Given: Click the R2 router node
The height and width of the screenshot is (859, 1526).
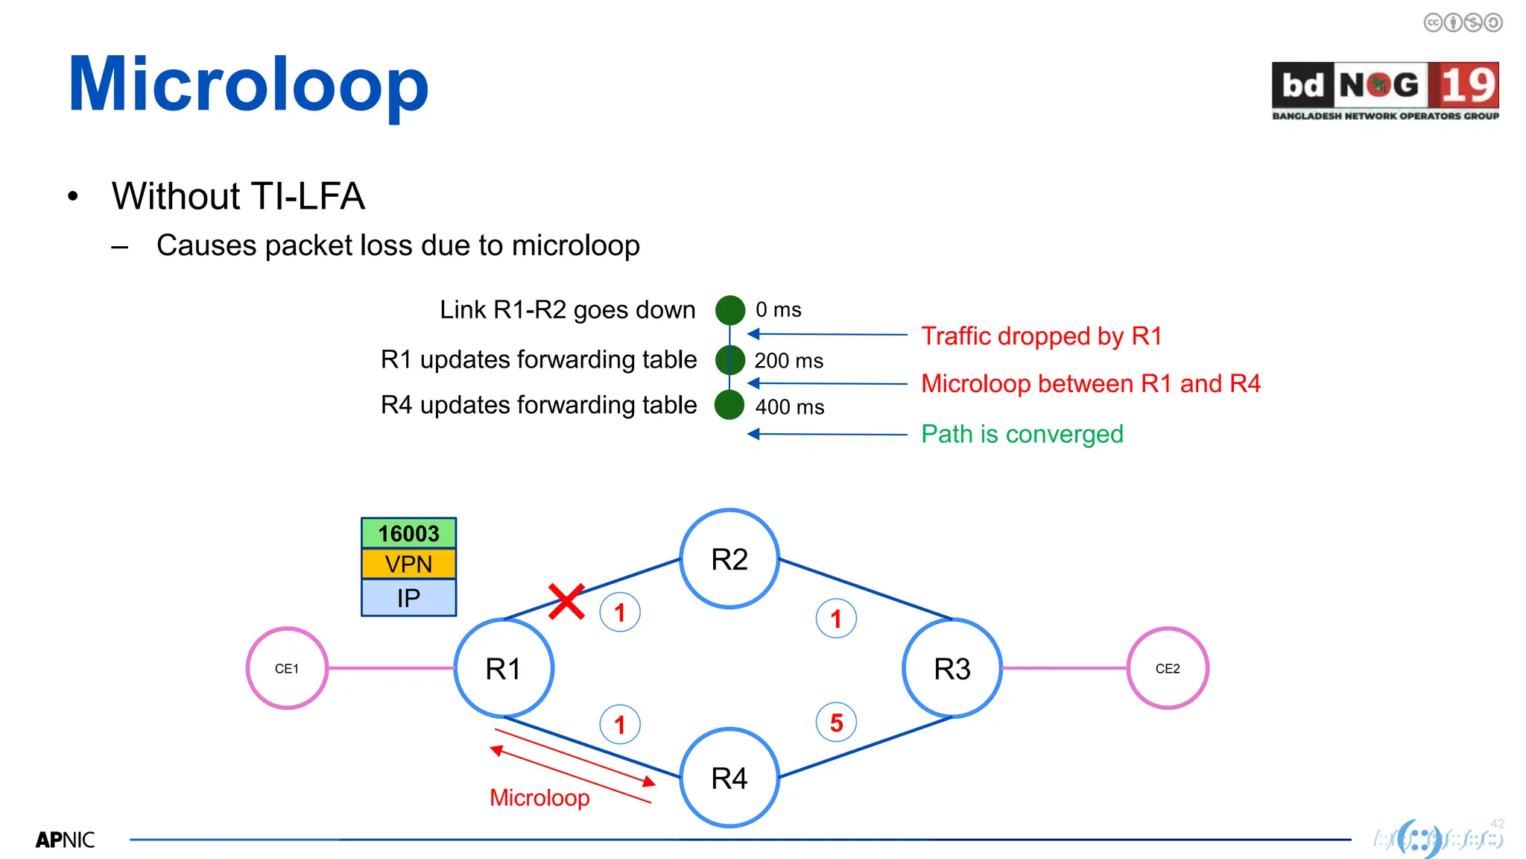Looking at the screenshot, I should (x=729, y=559).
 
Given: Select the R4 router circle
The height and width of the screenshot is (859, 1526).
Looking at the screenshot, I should (x=729, y=778).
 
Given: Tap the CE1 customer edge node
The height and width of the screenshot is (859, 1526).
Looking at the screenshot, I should (x=287, y=668).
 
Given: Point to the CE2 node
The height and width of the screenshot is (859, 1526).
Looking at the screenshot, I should (x=1167, y=668).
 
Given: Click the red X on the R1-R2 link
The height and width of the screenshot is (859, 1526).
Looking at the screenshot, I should (x=566, y=602).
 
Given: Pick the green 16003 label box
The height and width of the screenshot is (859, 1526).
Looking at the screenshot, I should (x=408, y=533).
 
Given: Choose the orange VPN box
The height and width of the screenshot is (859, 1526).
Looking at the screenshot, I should (x=408, y=564).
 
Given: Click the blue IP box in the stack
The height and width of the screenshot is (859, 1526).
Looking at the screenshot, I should (x=408, y=598).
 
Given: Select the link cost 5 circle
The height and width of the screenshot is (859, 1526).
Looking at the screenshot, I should (x=836, y=723).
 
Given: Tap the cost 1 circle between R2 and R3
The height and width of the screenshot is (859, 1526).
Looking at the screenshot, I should (x=836, y=619).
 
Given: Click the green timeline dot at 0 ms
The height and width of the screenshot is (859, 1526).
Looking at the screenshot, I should (x=730, y=310).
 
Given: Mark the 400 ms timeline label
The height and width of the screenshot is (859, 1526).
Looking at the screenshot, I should (x=790, y=407).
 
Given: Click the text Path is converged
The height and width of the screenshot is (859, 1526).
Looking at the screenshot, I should (x=1022, y=434).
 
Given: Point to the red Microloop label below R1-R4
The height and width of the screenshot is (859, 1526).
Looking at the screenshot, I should (x=539, y=798).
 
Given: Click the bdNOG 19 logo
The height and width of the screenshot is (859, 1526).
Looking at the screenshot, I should (x=1385, y=90).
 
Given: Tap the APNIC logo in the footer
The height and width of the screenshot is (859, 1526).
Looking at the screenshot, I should (x=65, y=840).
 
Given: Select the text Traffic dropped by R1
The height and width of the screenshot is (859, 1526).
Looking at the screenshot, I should (x=1041, y=336).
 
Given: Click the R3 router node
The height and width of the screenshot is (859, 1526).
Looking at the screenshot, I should (x=952, y=668).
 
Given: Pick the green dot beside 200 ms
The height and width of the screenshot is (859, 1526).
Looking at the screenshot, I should (x=730, y=360).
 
